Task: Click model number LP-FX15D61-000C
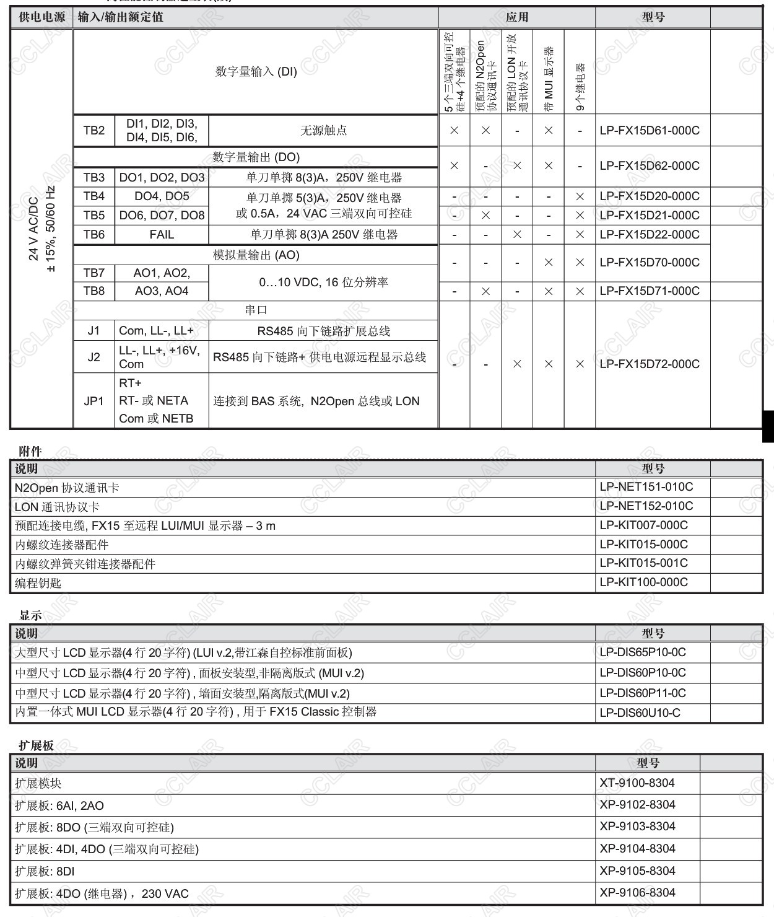coord(650,131)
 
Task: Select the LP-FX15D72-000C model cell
coord(650,364)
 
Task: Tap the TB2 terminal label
coord(94,131)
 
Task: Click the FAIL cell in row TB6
coord(162,235)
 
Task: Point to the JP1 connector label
coord(94,401)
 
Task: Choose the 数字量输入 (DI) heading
coord(256,72)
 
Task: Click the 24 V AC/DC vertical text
coord(34,229)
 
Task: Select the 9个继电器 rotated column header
coord(580,87)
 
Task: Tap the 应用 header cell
coord(517,17)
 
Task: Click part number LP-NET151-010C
coord(646,487)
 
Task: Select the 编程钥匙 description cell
coord(38,583)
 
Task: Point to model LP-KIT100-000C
coord(643,582)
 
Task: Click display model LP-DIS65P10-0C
coord(643,652)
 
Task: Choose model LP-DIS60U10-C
coord(640,713)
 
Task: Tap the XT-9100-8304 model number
coord(637,783)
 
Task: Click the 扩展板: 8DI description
coord(45,871)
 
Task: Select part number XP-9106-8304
coord(637,893)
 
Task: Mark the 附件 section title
coord(30,452)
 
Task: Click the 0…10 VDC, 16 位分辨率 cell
coord(323,283)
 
